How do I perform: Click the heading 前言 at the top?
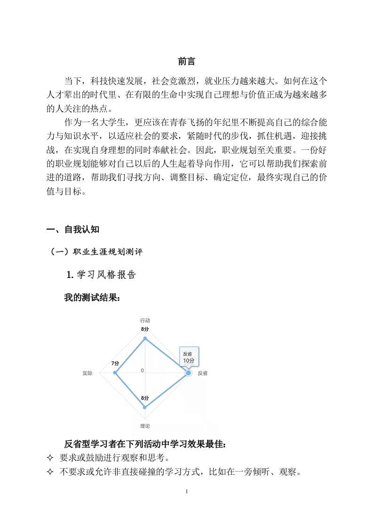click(x=186, y=62)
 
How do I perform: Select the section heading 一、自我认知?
click(x=73, y=229)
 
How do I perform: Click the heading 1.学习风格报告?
click(x=101, y=275)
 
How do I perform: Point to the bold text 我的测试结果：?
click(x=92, y=298)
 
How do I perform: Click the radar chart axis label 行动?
click(x=145, y=320)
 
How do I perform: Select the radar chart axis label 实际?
click(x=87, y=373)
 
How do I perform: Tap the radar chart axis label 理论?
click(x=145, y=426)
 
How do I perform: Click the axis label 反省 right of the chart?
click(x=203, y=373)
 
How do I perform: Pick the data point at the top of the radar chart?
click(x=145, y=338)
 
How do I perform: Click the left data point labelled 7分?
click(x=115, y=373)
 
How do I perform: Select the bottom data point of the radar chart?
click(x=145, y=407)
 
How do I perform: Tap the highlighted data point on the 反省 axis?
click(x=189, y=373)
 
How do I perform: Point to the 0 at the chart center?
click(x=142, y=371)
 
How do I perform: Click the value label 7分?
click(x=115, y=364)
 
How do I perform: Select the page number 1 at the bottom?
click(x=187, y=491)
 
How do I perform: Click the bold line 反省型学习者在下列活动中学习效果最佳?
click(x=145, y=444)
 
